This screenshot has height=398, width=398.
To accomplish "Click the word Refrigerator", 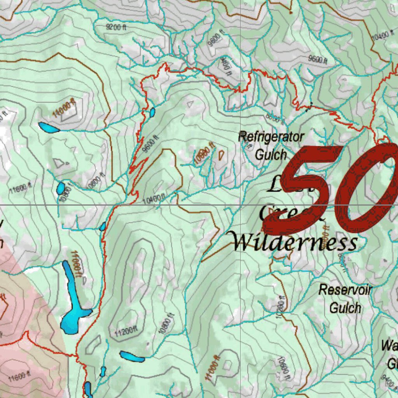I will coord(271,137).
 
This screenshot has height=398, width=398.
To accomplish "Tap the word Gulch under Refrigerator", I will coord(271,154).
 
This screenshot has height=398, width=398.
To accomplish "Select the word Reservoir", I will coord(345,290).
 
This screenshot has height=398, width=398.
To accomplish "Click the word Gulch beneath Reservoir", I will coord(345,307).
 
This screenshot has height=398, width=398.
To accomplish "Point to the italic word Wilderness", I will coord(295,242).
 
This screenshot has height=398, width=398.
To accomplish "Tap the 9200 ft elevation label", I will coord(116,27).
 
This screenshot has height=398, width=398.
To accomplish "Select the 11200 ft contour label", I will coord(127,332).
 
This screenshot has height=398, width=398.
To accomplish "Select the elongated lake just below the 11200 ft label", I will coord(132,356).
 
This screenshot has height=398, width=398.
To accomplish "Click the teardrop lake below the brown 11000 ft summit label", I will coord(49,127).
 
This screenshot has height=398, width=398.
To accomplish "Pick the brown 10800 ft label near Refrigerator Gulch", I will coord(204,154).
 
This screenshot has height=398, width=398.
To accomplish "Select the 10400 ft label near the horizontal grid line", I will coord(154,200).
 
